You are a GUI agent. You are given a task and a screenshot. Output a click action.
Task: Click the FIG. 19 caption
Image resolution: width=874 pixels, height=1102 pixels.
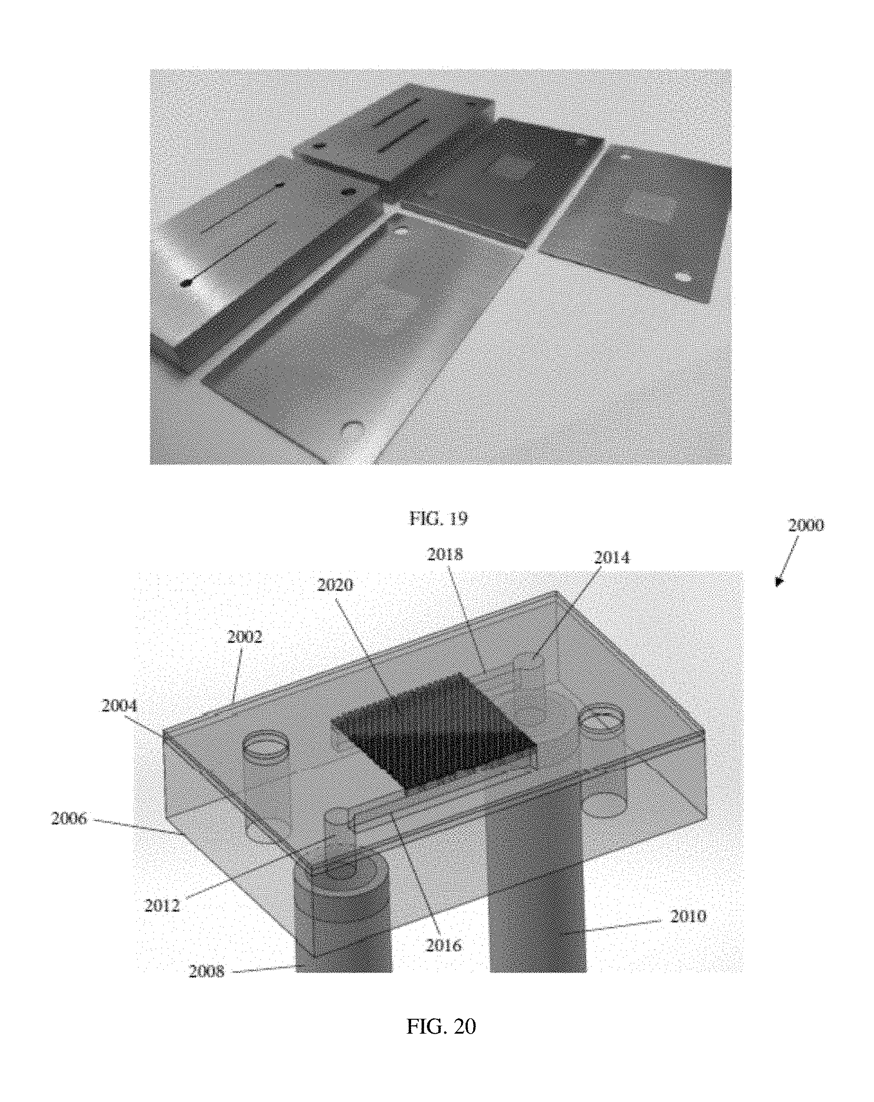(x=439, y=518)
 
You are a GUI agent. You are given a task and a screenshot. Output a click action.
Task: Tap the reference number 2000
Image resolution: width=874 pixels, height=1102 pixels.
(x=806, y=525)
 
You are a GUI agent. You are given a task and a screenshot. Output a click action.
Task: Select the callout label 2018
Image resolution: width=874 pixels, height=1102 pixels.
(x=445, y=555)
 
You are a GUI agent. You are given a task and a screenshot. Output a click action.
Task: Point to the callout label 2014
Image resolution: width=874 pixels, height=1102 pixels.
(x=611, y=557)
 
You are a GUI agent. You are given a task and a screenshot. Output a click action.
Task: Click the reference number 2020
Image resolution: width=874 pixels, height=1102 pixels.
(x=335, y=585)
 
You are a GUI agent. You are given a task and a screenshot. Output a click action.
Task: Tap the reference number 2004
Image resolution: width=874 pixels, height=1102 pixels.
(x=120, y=706)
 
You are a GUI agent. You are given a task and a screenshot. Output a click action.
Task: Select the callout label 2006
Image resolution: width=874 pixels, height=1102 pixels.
(x=69, y=819)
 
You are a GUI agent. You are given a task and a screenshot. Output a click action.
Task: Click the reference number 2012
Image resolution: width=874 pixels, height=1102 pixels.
(x=162, y=906)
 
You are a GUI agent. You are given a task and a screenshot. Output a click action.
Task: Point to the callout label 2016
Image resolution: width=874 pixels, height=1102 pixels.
(x=443, y=945)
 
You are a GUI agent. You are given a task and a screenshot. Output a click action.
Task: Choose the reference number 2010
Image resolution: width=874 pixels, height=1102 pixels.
(x=688, y=917)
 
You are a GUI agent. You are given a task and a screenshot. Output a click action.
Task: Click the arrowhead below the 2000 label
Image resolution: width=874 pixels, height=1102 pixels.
(x=779, y=582)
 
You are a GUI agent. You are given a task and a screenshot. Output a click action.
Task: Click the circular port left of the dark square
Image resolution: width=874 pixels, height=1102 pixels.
(x=265, y=749)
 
